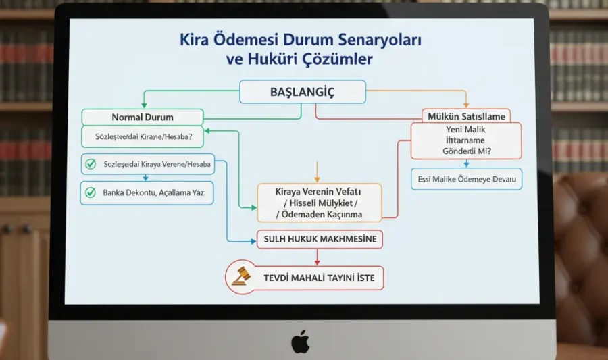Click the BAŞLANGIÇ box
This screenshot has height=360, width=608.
click(x=302, y=92)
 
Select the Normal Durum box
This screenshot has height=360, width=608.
click(x=142, y=117)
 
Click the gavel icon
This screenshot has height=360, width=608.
click(x=240, y=275)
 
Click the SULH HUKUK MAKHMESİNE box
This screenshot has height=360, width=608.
click(x=320, y=239)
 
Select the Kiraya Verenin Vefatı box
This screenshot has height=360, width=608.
click(x=319, y=202)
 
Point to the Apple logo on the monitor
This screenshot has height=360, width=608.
click(x=301, y=342)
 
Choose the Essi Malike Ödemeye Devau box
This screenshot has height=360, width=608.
click(x=466, y=179)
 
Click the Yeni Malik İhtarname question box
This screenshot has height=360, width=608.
click(x=466, y=140)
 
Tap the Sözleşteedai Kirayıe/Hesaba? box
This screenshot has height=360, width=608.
click(x=142, y=136)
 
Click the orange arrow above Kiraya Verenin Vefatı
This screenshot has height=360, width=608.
click(x=316, y=171)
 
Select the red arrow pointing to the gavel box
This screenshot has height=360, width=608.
click(x=316, y=255)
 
